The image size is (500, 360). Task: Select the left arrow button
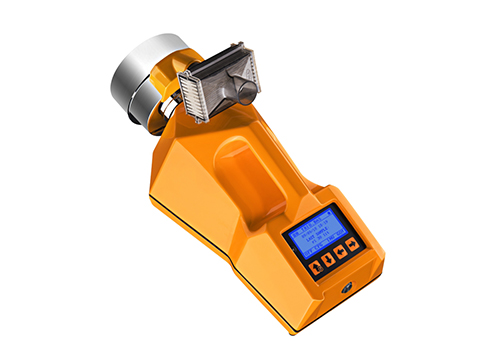tap(339, 254)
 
